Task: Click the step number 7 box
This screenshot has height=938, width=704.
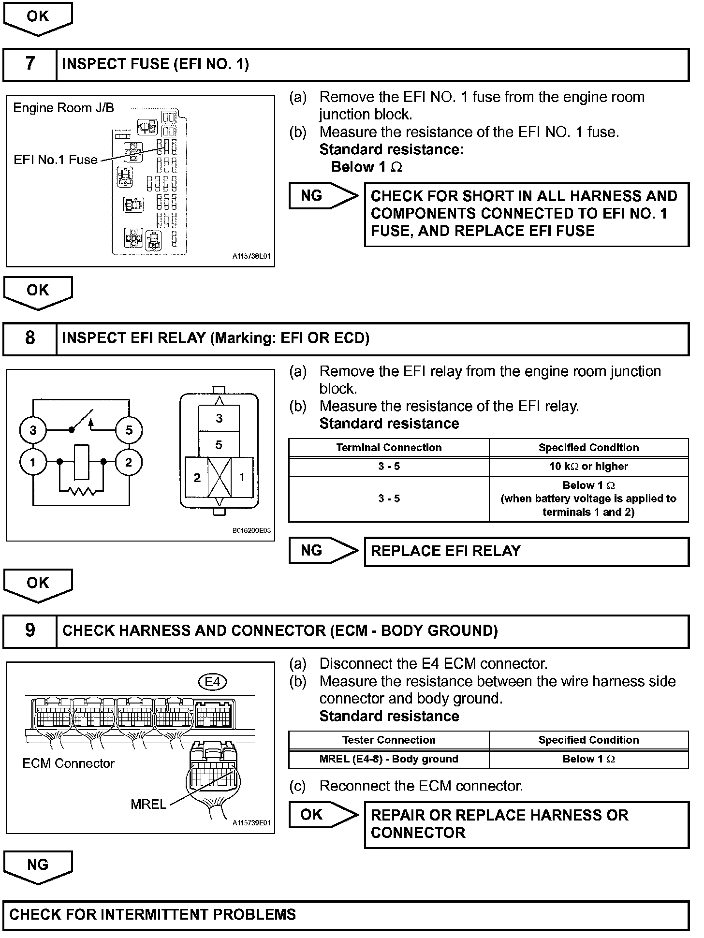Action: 30,64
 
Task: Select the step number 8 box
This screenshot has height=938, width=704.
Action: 30,338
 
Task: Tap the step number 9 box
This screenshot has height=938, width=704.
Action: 30,631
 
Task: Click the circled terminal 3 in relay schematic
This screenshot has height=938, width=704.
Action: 33,430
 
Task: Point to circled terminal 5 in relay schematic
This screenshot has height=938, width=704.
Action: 129,430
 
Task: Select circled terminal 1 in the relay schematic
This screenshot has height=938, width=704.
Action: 33,463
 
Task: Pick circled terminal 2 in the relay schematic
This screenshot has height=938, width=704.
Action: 129,463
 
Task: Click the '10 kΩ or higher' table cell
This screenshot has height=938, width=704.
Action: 588,467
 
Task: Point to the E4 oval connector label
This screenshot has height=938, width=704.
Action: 213,682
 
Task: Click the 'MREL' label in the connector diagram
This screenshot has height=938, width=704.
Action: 148,804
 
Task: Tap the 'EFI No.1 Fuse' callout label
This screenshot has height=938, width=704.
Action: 56,160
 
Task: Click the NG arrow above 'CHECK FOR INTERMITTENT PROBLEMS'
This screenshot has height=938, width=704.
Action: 38,866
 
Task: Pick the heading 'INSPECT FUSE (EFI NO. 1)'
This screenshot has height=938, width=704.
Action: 155,64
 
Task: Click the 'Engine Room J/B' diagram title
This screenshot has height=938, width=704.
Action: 63,108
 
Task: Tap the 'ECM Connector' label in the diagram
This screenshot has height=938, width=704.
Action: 68,763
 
